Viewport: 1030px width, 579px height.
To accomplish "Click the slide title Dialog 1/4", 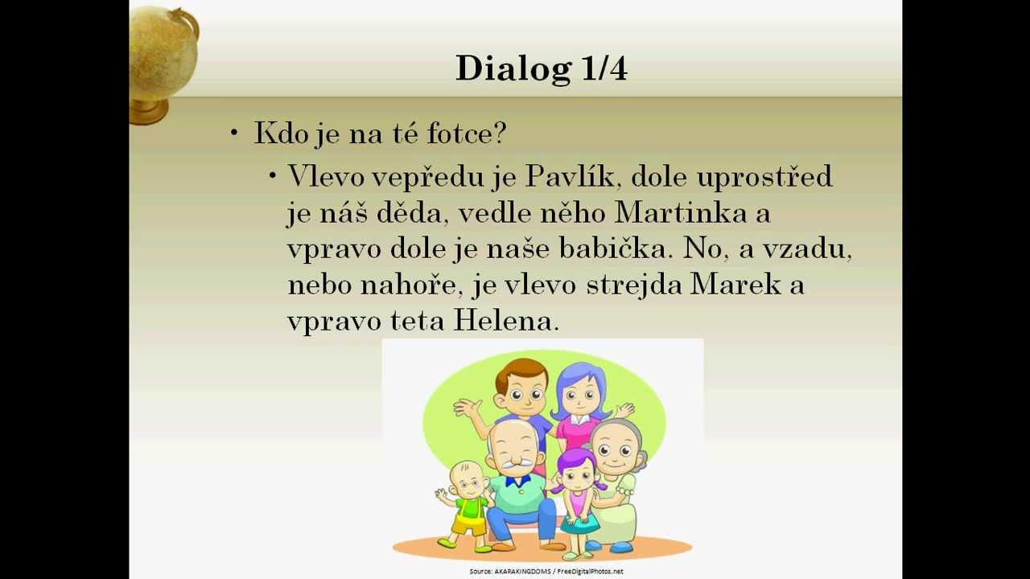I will (x=541, y=68).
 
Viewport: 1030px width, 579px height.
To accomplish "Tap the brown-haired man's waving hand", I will (x=467, y=409).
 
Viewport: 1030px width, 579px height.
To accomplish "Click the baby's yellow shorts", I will (x=468, y=525).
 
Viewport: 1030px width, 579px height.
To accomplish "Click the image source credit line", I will (x=546, y=572).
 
